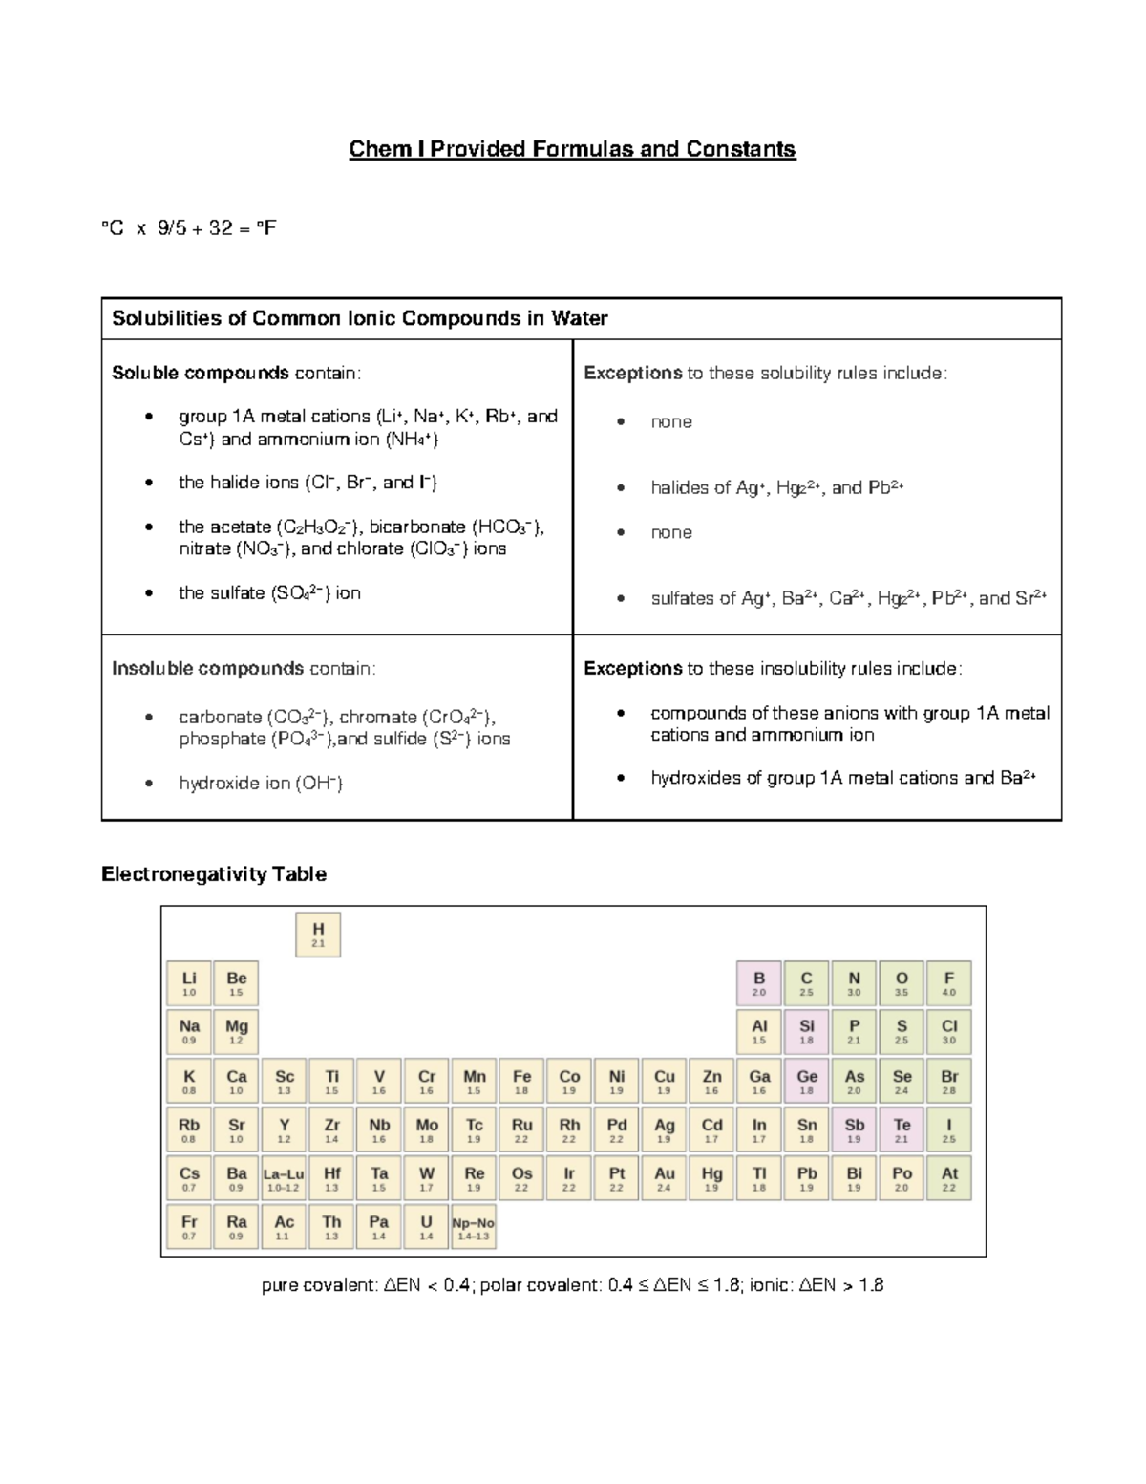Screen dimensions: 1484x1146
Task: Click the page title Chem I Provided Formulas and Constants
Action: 572,149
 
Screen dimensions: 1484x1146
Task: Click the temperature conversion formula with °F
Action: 189,228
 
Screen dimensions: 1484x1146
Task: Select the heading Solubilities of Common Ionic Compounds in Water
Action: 359,318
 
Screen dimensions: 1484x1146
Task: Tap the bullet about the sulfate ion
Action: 269,593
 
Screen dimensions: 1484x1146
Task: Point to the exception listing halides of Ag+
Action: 776,488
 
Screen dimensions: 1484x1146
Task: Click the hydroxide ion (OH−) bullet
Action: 261,784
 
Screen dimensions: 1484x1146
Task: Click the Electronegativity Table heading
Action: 214,874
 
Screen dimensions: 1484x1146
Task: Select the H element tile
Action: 318,935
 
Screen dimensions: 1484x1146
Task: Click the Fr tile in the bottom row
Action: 189,1227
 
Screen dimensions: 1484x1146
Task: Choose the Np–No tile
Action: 473,1227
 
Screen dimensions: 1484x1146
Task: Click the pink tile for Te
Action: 902,1130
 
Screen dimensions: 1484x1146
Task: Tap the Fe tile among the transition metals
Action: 521,1082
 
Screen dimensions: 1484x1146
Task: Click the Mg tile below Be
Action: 236,1032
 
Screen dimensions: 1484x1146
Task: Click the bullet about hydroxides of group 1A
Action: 842,778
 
